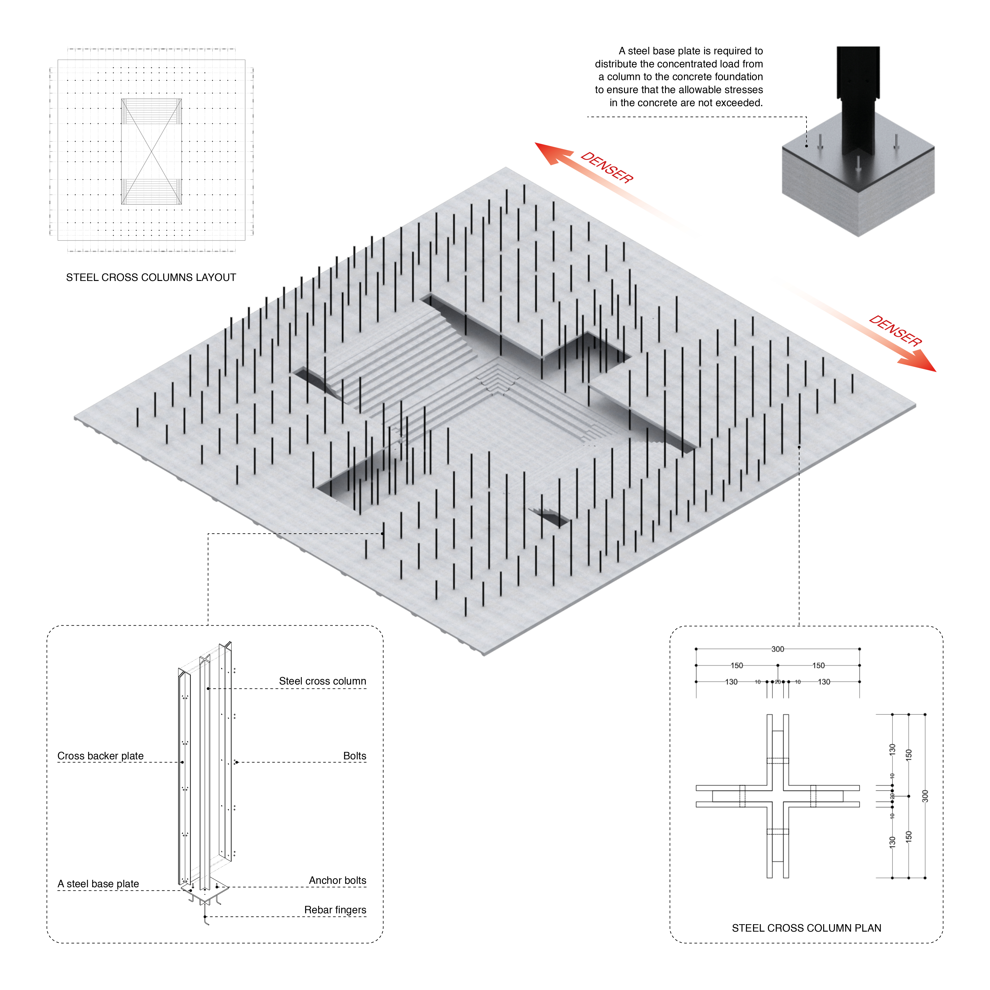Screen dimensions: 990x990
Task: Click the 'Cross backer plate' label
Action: click(101, 756)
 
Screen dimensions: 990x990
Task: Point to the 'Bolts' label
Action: click(355, 756)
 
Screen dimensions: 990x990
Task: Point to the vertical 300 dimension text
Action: click(925, 796)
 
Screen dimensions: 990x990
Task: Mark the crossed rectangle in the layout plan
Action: click(151, 152)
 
